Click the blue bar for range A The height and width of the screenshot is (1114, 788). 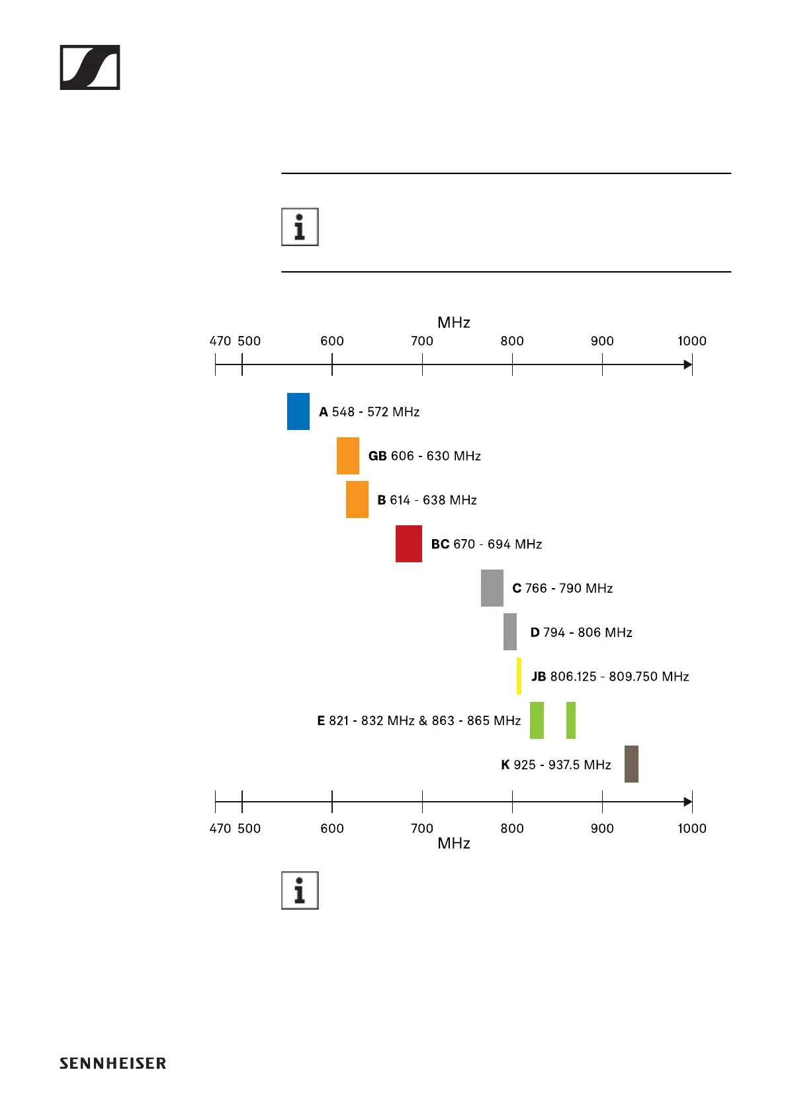click(x=298, y=411)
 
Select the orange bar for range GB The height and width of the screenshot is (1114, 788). click(x=347, y=456)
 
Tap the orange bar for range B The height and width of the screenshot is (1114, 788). click(x=357, y=499)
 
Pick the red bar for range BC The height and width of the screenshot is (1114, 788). click(x=408, y=544)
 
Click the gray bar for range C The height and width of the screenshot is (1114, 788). click(x=492, y=588)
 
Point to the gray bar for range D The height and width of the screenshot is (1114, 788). click(x=509, y=632)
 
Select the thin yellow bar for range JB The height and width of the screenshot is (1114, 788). click(x=519, y=676)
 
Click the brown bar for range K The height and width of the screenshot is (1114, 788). click(x=631, y=764)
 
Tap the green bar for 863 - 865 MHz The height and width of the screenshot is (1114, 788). click(x=570, y=720)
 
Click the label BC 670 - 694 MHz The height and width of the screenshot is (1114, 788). click(x=486, y=544)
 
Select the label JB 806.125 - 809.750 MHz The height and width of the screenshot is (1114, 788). click(x=610, y=677)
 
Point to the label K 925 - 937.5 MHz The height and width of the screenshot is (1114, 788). click(x=556, y=765)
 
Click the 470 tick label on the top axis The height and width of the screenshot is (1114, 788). click(x=220, y=341)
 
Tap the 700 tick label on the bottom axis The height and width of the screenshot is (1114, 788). click(x=422, y=828)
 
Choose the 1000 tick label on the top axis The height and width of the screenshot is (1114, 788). click(x=691, y=341)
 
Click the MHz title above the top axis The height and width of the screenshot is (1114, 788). click(x=454, y=323)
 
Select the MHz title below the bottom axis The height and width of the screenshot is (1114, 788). click(x=454, y=843)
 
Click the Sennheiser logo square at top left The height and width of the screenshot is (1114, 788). click(x=90, y=67)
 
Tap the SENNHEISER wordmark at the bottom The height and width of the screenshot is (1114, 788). click(x=113, y=1064)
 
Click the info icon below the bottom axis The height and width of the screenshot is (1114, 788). click(x=300, y=890)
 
